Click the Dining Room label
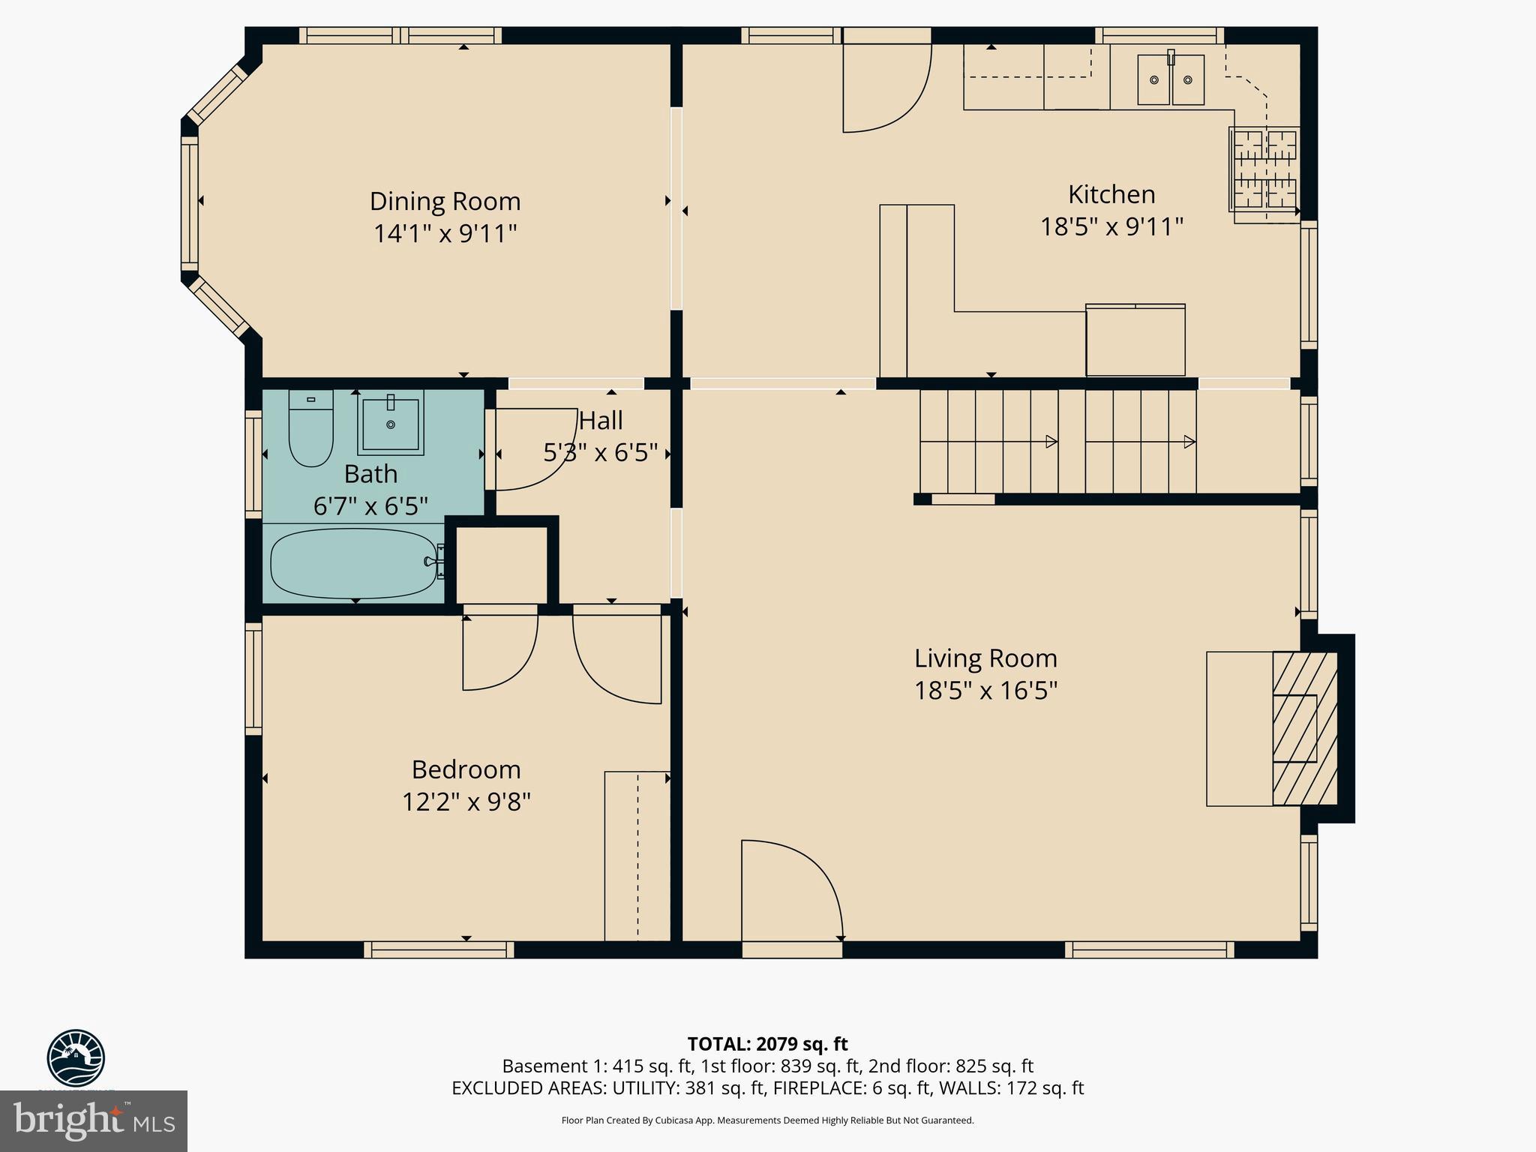click(445, 201)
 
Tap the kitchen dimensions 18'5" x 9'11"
click(1111, 226)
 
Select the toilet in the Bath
click(310, 428)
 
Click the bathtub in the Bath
click(353, 562)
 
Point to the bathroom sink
click(390, 423)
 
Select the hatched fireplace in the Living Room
click(1304, 728)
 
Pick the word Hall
click(601, 421)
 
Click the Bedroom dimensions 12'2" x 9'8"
click(466, 802)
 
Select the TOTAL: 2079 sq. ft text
click(767, 1044)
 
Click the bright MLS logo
click(93, 1121)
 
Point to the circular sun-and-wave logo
click(76, 1058)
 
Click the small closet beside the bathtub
click(502, 562)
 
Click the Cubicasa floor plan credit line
click(767, 1120)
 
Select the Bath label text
click(370, 474)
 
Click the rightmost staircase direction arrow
click(1189, 442)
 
